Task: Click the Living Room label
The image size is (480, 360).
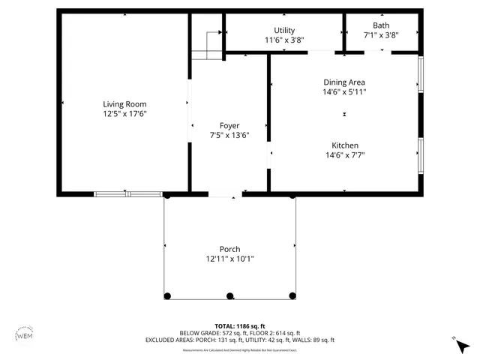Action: (x=124, y=104)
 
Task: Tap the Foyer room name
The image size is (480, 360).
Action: (x=229, y=125)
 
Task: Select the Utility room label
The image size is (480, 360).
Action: (x=284, y=30)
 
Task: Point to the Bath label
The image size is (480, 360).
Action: (x=381, y=25)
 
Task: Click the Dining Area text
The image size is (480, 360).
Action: (x=344, y=82)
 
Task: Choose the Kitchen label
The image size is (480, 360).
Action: (x=345, y=145)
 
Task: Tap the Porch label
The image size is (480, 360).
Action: (x=229, y=249)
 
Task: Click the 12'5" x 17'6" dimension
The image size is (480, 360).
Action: (x=124, y=114)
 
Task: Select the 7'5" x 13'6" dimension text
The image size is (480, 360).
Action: (x=229, y=135)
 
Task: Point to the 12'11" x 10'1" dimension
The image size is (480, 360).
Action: (x=229, y=259)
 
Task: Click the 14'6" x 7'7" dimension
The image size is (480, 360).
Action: (x=345, y=155)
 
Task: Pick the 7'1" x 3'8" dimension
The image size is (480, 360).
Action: (x=381, y=34)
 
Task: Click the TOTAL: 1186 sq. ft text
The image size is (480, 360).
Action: (x=239, y=325)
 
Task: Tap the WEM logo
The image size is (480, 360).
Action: (x=25, y=335)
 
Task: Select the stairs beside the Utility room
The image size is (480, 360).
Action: (x=206, y=43)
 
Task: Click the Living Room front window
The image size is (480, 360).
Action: (x=127, y=194)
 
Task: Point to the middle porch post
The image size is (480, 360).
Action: (x=230, y=295)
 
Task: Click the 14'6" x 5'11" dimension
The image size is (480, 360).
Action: (x=344, y=91)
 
